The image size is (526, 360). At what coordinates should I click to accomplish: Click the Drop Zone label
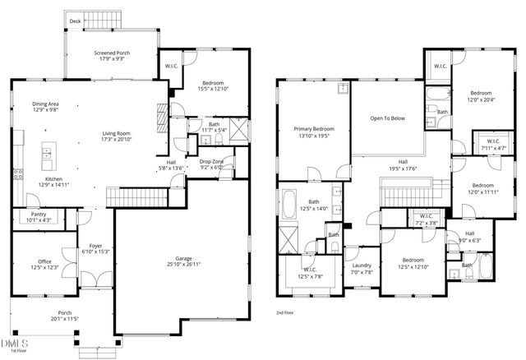coord(211,162)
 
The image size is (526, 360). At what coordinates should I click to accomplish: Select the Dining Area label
coord(45,104)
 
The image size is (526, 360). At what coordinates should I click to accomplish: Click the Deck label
coord(75,21)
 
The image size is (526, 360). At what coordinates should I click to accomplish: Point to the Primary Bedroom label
coord(314,129)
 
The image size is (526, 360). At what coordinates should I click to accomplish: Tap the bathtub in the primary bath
coord(290,205)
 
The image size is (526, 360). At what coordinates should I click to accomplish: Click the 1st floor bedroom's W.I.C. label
coord(171,67)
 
